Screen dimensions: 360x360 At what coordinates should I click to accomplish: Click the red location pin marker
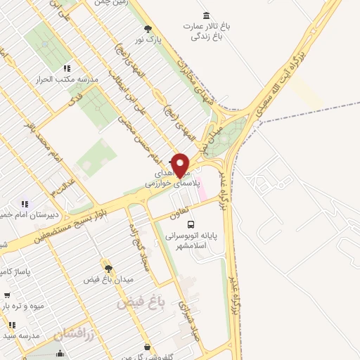(181, 165)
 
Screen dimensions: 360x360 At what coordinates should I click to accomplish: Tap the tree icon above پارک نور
(147, 29)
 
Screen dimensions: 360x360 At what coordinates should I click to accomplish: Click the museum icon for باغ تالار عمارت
(206, 15)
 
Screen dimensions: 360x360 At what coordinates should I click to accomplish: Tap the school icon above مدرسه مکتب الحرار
(67, 68)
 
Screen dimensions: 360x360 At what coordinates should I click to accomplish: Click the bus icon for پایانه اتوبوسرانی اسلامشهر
(191, 224)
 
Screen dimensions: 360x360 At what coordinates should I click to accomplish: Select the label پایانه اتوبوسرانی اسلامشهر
(192, 243)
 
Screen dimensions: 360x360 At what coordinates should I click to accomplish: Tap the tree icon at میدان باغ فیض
(108, 268)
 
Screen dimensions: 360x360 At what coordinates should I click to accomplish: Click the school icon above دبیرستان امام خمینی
(25, 204)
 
